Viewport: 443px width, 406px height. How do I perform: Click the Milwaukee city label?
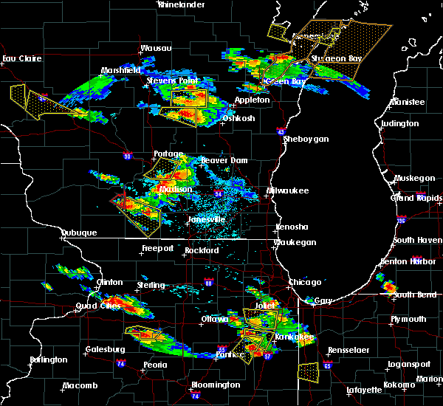click(288, 190)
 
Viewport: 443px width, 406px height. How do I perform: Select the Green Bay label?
click(289, 82)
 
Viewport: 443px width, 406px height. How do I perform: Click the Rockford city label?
click(203, 250)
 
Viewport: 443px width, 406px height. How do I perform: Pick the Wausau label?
click(156, 49)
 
